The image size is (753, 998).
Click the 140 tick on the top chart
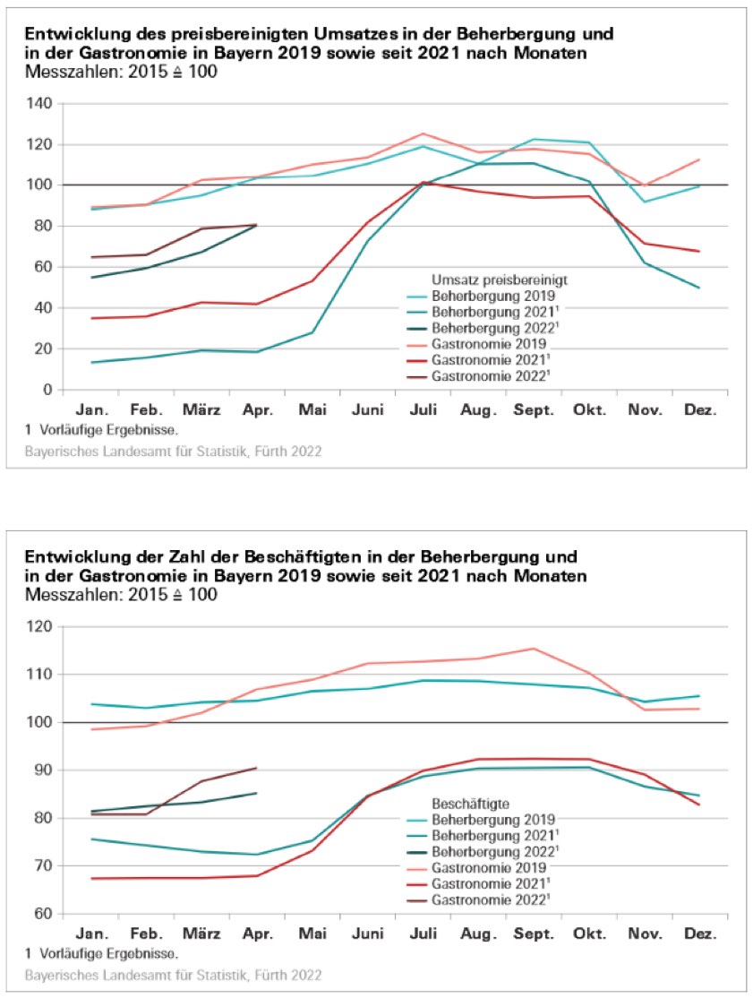coord(40,104)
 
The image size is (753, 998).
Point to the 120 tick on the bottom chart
coord(40,626)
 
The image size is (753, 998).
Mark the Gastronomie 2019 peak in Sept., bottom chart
coord(534,649)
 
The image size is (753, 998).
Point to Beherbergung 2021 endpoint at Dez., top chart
coord(699,288)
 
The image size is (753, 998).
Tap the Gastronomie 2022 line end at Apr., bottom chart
coord(257,768)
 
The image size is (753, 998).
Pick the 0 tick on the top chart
coord(47,390)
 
